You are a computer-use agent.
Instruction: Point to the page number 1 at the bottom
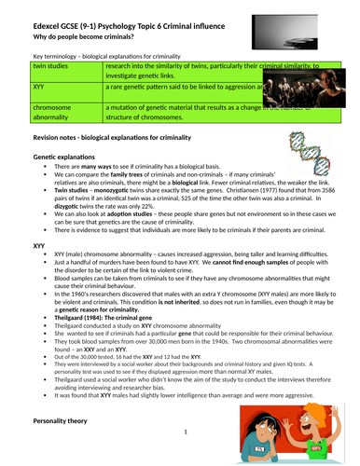185,432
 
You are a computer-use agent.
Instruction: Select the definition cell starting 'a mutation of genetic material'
177,111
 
